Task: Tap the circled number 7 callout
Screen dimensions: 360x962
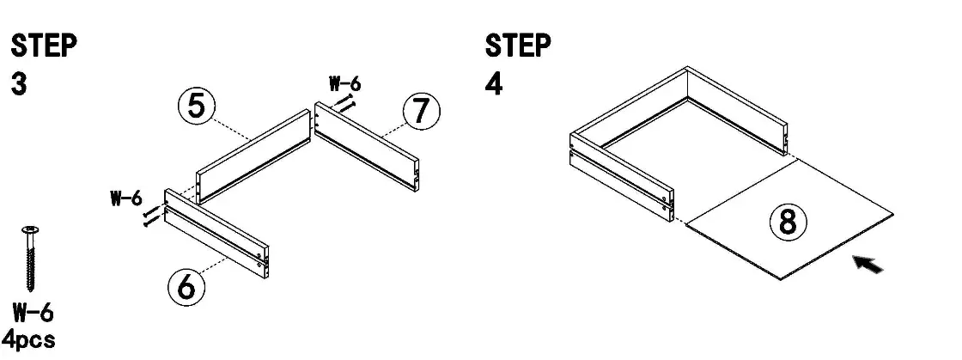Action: point(421,113)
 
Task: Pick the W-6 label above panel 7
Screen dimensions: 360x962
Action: point(345,84)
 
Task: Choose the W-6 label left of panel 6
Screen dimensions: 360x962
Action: point(125,198)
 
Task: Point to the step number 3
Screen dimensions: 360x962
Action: point(19,84)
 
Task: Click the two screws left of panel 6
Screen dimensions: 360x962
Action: point(151,217)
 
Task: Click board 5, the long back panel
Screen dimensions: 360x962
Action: point(253,155)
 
